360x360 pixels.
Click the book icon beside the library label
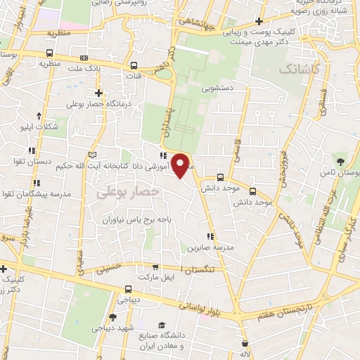click(91, 155)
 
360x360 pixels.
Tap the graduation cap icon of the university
click(162, 325)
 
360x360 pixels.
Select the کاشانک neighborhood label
click(300, 70)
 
